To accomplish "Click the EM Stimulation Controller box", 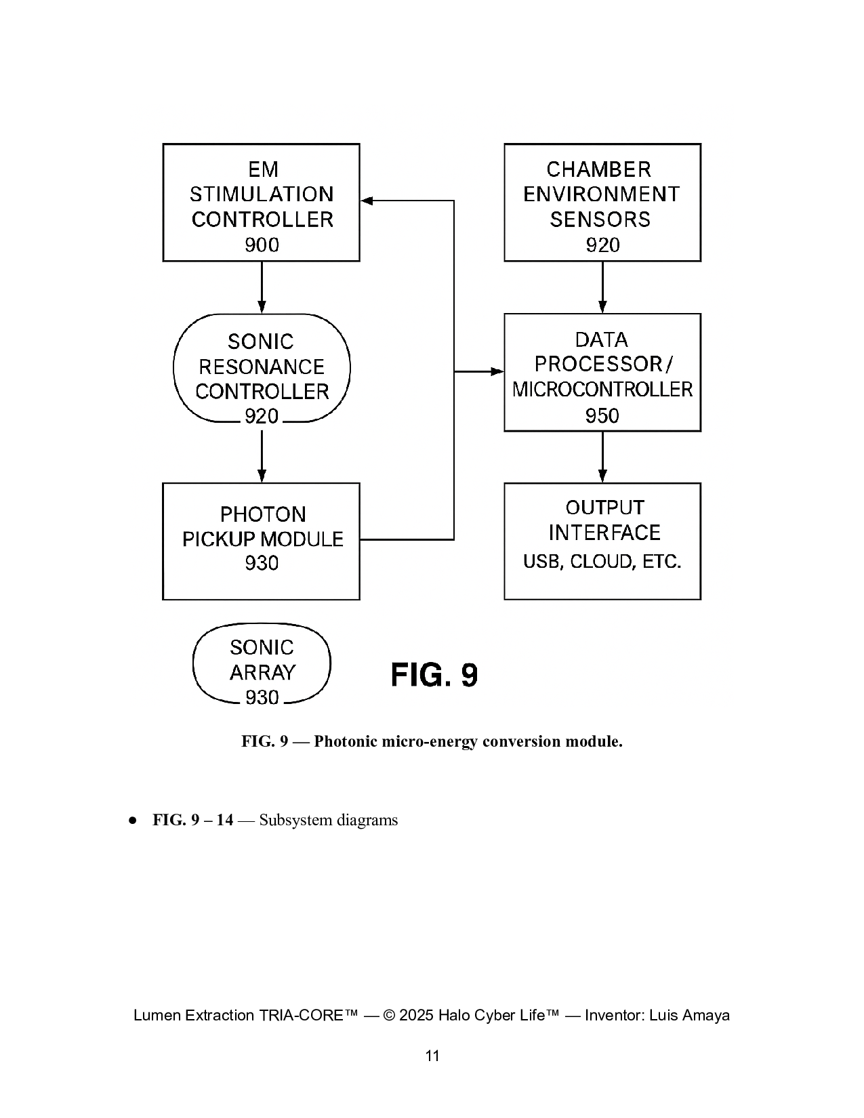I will (x=261, y=202).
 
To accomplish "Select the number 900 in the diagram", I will (x=262, y=245).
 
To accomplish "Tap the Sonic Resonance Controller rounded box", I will (x=262, y=368).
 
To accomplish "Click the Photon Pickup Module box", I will (x=261, y=541).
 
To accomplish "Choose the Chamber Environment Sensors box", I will (x=602, y=202).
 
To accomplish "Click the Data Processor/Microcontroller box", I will (x=602, y=372).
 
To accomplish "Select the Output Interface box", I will (x=602, y=541).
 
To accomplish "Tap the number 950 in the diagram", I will (x=602, y=415).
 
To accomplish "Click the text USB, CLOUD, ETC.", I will (x=602, y=562).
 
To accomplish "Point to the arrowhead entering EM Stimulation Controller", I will (x=367, y=201).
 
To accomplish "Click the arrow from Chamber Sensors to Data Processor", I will (x=602, y=287).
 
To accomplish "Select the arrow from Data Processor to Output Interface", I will (x=602, y=457).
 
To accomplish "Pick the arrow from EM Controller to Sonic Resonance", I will (x=262, y=287).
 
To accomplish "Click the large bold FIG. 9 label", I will (x=434, y=675).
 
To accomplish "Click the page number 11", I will (x=432, y=1056).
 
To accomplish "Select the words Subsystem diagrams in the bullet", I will (x=329, y=820).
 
